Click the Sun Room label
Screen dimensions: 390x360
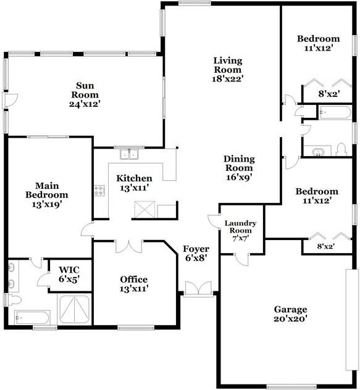[x=85, y=90]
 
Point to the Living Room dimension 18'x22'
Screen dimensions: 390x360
[x=227, y=78]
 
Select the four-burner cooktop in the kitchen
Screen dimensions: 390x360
[x=99, y=191]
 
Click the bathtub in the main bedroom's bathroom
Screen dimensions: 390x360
[x=31, y=318]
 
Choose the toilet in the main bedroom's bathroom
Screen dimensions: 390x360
[x=14, y=300]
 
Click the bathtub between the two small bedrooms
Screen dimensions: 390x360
[x=335, y=113]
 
